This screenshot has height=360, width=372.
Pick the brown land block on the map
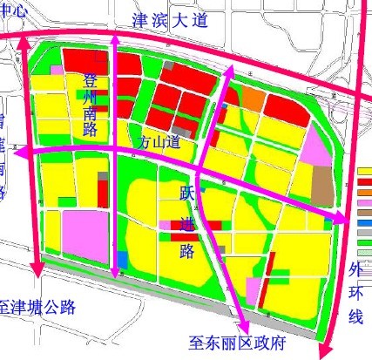click(321, 182)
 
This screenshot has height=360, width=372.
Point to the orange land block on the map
click(252, 98)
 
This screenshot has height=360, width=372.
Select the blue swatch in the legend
click(365, 223)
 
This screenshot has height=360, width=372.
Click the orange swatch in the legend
click(365, 181)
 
